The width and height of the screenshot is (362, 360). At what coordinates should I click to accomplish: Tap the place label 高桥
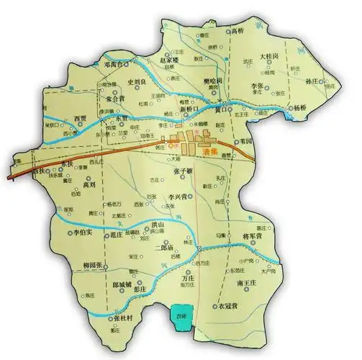coord(237,32)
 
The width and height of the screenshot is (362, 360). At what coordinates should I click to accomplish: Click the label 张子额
coord(184,170)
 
